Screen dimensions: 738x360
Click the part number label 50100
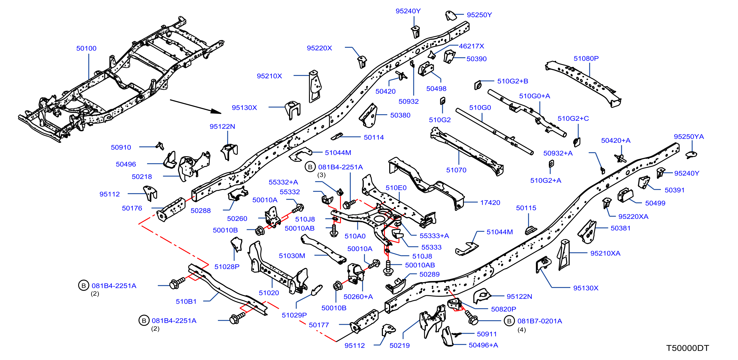86,49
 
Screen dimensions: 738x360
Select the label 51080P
586,58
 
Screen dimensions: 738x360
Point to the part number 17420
490,203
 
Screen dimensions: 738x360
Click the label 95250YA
689,137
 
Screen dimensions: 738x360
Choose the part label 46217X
471,46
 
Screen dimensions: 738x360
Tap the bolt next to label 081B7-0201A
471,317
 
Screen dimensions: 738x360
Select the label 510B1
186,302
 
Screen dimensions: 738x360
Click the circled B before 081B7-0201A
509,321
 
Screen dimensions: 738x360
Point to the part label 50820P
504,309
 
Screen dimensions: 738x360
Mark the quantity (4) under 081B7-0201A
522,330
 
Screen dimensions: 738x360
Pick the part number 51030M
292,256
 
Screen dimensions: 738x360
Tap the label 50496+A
483,345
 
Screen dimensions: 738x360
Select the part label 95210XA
605,253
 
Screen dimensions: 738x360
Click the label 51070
456,170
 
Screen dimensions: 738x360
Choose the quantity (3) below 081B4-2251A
321,175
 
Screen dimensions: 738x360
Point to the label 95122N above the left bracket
222,127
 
